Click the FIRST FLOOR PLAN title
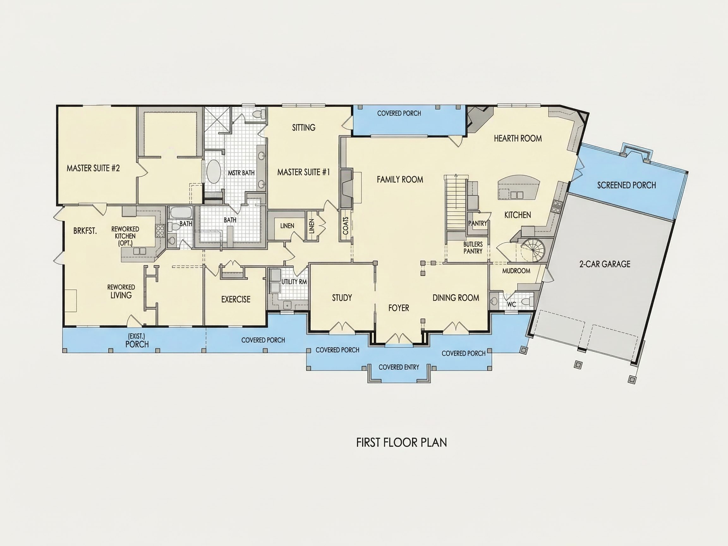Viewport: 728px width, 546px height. pyautogui.click(x=402, y=443)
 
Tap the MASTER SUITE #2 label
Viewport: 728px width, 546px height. pyautogui.click(x=93, y=168)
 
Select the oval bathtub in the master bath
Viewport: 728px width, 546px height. pyautogui.click(x=214, y=172)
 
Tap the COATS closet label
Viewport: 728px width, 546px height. pyautogui.click(x=346, y=226)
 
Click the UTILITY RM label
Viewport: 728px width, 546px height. pyautogui.click(x=294, y=282)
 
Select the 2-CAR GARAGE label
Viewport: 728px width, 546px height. pyautogui.click(x=605, y=264)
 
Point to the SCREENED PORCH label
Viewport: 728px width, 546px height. pyautogui.click(x=627, y=185)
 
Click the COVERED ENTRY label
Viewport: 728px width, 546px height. pyautogui.click(x=399, y=367)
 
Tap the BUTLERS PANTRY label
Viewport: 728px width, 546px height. pyautogui.click(x=473, y=247)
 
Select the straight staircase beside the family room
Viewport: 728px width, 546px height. pyautogui.click(x=456, y=203)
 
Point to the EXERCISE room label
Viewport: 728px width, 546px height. pyautogui.click(x=236, y=300)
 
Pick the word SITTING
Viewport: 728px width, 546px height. pyautogui.click(x=304, y=127)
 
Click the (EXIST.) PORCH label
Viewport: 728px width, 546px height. pyautogui.click(x=137, y=341)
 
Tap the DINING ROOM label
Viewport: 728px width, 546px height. pyautogui.click(x=456, y=298)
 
